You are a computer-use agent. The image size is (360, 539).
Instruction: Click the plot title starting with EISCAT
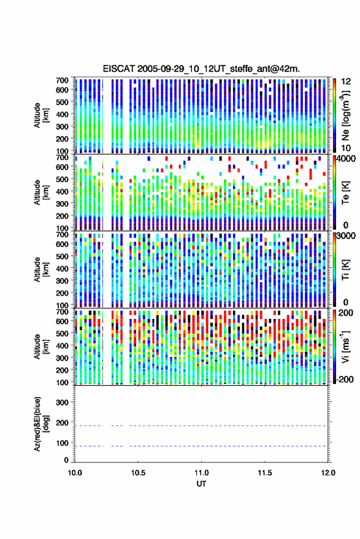[x=201, y=69]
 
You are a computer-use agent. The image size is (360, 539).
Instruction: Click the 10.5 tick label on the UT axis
[x=138, y=473]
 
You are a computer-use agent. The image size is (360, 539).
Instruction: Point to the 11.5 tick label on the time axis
[x=264, y=473]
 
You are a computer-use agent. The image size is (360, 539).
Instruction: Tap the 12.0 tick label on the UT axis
[x=328, y=473]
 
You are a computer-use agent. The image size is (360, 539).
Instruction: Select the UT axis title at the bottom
[x=202, y=484]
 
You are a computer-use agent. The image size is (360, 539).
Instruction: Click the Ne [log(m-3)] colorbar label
[x=346, y=115]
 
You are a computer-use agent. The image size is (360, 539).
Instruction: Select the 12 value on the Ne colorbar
[x=346, y=82]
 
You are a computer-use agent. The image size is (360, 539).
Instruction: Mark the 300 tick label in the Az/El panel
[x=62, y=402]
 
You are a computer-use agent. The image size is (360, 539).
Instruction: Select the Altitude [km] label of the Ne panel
[x=42, y=115]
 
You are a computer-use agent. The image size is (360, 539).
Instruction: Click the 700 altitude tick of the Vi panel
[x=62, y=312]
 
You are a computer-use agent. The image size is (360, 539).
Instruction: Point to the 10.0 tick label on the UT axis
[x=75, y=473]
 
